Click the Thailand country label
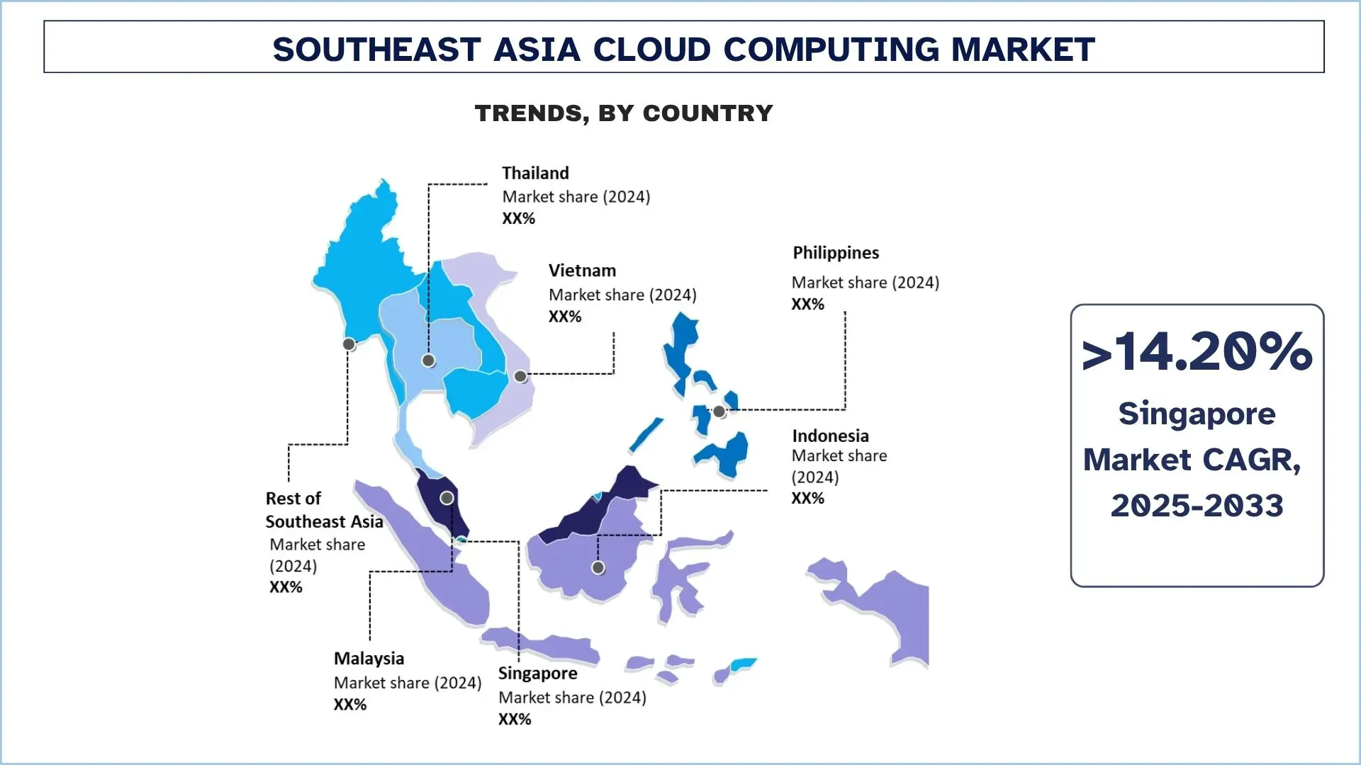[x=535, y=174]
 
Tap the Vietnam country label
[x=582, y=271]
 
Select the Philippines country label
[x=835, y=253]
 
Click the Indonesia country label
[x=830, y=436]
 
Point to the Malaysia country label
[x=369, y=659]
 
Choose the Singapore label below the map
[x=537, y=674]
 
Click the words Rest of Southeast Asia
[x=323, y=510]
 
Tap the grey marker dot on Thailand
[x=428, y=361]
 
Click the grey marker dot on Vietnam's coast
[x=520, y=376]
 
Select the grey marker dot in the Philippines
[x=719, y=412]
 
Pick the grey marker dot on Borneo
[x=598, y=567]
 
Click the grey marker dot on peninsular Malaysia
[x=447, y=498]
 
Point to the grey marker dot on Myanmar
[x=349, y=344]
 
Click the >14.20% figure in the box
[x=1197, y=352]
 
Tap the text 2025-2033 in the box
[x=1197, y=506]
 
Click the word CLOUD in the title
[x=651, y=50]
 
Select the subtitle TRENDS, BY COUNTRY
[x=624, y=113]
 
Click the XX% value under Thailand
[x=518, y=219]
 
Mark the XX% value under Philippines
[x=807, y=305]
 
